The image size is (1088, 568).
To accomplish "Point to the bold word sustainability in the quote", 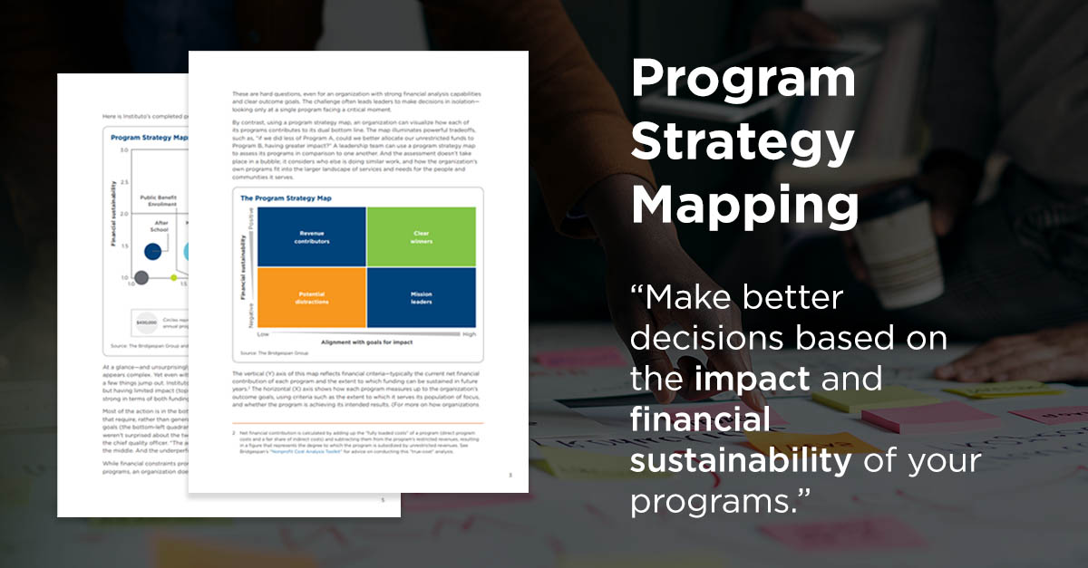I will click(x=741, y=460).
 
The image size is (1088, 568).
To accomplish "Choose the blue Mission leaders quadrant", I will click(x=421, y=297).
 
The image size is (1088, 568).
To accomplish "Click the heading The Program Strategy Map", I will click(x=285, y=197).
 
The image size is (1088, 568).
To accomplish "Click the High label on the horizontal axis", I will click(x=469, y=334).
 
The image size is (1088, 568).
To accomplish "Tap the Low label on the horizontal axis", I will click(x=263, y=334).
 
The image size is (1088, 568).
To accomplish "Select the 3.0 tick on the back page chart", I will click(x=123, y=149).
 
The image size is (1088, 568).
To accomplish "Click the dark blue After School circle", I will click(x=153, y=251).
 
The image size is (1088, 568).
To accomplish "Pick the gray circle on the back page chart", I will click(x=141, y=277).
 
